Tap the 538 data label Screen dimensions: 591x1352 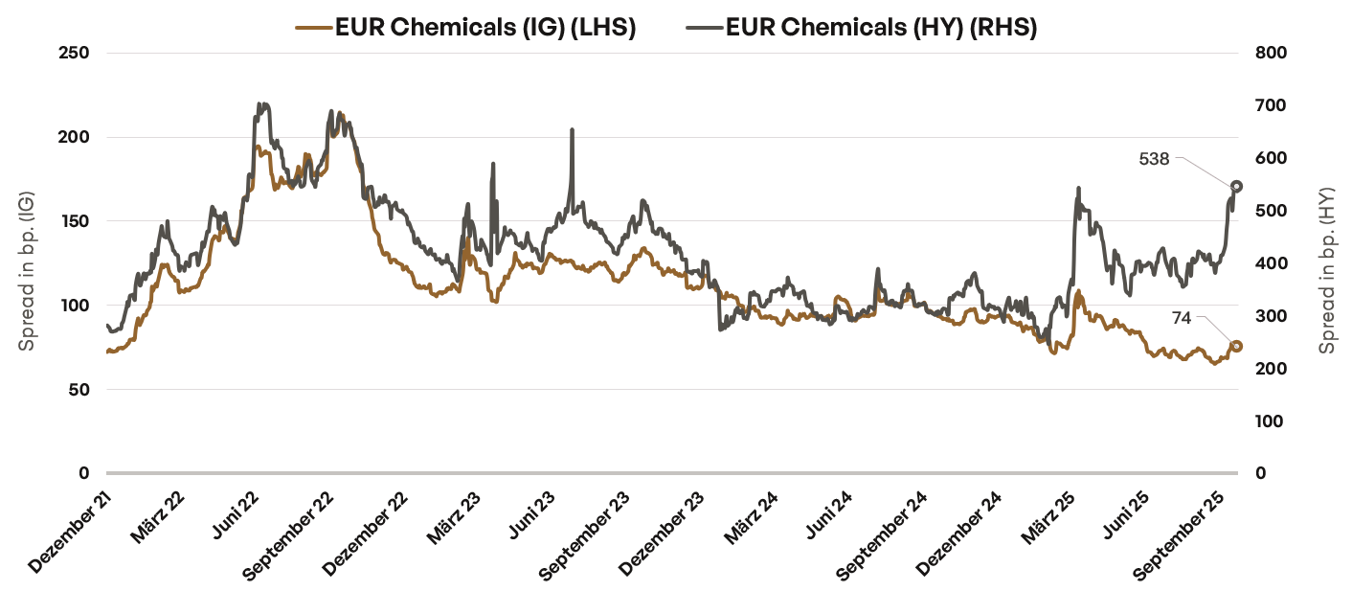coord(1154,159)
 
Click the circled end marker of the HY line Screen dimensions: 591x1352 coord(1236,186)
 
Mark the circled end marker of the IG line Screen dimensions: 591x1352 coord(1236,346)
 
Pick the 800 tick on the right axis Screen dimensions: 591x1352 coord(1269,53)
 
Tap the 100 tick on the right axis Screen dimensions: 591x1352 coord(1269,421)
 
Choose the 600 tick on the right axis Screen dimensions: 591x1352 coord(1269,158)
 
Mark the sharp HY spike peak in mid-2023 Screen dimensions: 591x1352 coord(572,129)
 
